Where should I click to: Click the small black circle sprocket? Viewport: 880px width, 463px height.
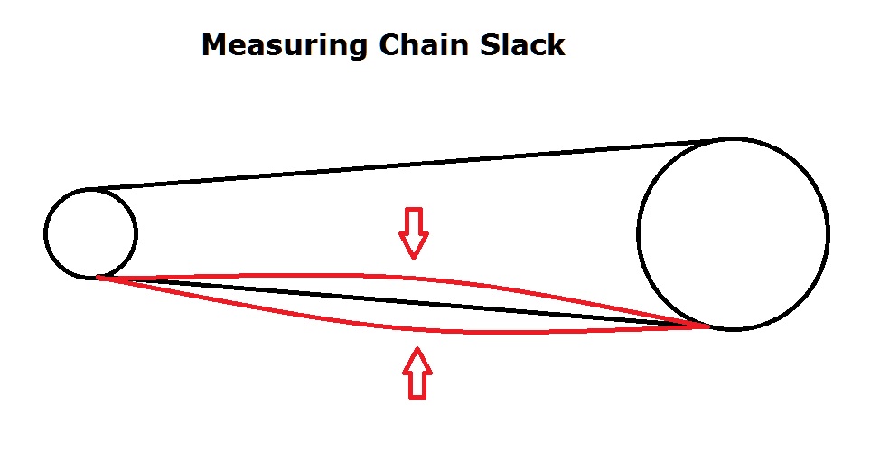click(x=90, y=233)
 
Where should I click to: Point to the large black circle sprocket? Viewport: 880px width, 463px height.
click(x=733, y=233)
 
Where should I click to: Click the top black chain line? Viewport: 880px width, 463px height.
click(x=407, y=165)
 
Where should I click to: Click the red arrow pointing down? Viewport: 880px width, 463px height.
click(x=414, y=232)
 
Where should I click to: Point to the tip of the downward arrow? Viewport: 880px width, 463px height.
click(x=414, y=258)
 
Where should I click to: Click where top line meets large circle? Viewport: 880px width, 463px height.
click(x=723, y=140)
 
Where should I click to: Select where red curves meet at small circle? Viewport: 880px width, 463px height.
click(x=98, y=278)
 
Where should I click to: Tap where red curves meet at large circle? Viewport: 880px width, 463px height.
click(x=709, y=325)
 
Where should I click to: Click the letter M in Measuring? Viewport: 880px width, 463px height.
click(x=213, y=45)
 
